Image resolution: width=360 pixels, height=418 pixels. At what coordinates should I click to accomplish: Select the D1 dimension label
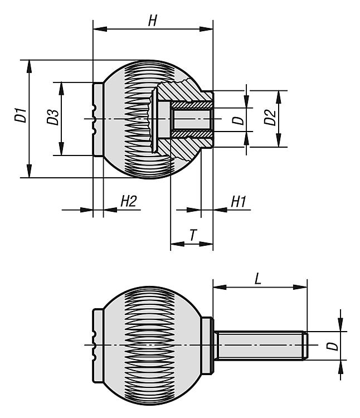click(21, 118)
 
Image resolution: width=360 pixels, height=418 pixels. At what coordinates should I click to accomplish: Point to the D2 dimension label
click(269, 118)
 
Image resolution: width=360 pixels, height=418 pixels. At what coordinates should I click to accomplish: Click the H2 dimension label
click(128, 202)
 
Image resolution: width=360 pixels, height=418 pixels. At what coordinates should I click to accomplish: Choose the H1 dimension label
click(238, 202)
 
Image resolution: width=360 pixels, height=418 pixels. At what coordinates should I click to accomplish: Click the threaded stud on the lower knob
click(259, 346)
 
